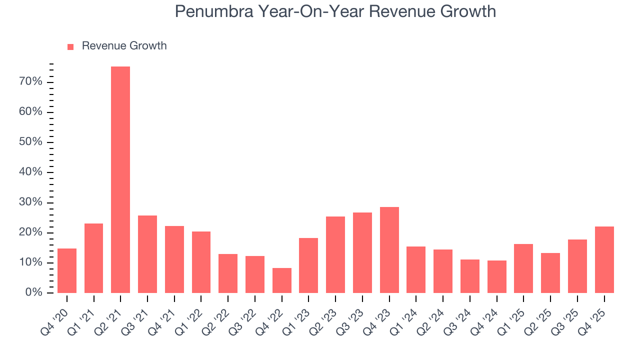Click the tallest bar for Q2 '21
pyautogui.click(x=120, y=180)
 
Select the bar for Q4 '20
pyautogui.click(x=67, y=270)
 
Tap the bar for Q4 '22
pyautogui.click(x=281, y=280)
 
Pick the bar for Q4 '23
pyautogui.click(x=389, y=250)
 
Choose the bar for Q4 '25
pyautogui.click(x=604, y=259)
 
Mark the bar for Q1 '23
pyautogui.click(x=308, y=265)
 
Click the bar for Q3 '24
pyautogui.click(x=469, y=276)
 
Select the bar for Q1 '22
pyautogui.click(x=201, y=262)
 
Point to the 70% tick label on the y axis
pyautogui.click(x=30, y=82)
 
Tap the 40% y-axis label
pyautogui.click(x=30, y=172)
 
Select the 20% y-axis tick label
pyautogui.click(x=30, y=232)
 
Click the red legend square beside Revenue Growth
pyautogui.click(x=70, y=46)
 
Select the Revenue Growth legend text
pyautogui.click(x=124, y=46)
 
